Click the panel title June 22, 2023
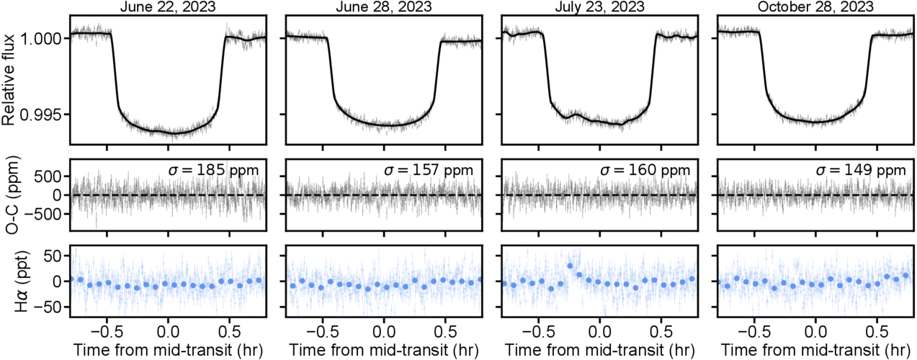[x=168, y=6]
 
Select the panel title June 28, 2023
[x=384, y=6]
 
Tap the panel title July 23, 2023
[x=599, y=6]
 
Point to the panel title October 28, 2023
[x=815, y=6]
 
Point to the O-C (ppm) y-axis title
[x=9, y=195]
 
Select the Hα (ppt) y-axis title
[x=9, y=282]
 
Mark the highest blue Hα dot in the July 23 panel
[x=570, y=266]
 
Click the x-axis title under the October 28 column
[x=815, y=351]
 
